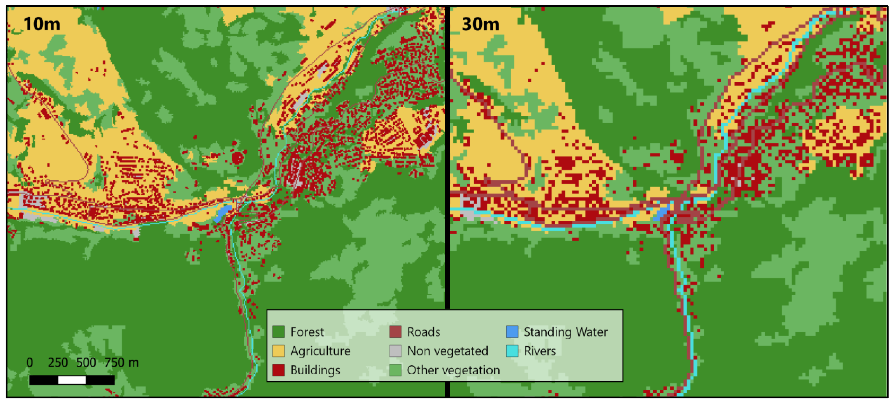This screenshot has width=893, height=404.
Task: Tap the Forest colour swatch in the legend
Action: click(x=278, y=332)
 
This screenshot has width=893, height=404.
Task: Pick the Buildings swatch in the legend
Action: click(x=278, y=370)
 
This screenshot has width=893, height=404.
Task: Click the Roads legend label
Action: click(x=423, y=332)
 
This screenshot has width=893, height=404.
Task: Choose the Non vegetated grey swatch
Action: click(x=395, y=351)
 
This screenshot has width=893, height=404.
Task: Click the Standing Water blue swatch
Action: click(x=512, y=332)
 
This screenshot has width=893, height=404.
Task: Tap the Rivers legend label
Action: click(x=539, y=351)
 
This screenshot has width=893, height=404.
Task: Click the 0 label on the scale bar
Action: click(x=30, y=362)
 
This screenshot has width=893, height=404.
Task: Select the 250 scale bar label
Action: click(x=57, y=362)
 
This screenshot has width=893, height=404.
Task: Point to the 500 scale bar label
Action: click(x=86, y=362)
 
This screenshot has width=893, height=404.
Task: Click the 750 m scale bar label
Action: click(x=121, y=362)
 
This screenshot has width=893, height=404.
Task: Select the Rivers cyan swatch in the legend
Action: click(x=512, y=351)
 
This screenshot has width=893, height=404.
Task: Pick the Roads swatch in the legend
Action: click(x=395, y=332)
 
